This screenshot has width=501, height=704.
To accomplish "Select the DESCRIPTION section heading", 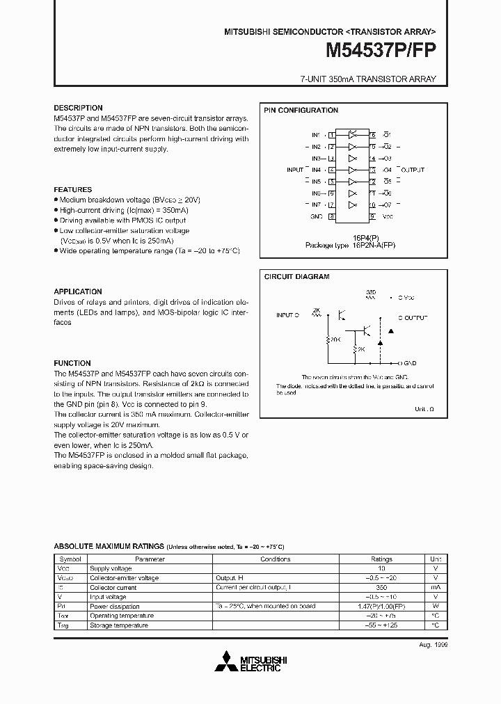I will coord(78,108).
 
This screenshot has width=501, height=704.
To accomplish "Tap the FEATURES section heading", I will coord(72,189).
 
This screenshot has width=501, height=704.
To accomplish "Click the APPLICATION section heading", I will coord(78,291).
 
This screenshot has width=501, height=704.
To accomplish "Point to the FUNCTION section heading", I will coord(72,363).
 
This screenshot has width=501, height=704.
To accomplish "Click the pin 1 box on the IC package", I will coord(333,134).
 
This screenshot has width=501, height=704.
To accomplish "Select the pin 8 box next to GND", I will coord(333,216).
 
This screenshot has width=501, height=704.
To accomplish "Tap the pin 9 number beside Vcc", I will coord(373,216).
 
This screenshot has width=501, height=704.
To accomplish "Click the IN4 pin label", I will coord(316,170).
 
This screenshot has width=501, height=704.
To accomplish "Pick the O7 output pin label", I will coord(388,205).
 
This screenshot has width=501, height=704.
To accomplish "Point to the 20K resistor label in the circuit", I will coord(335,339).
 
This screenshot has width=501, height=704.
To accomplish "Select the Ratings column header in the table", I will coord(381,559).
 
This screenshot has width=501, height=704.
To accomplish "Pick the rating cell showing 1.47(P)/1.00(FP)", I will coord(381,606).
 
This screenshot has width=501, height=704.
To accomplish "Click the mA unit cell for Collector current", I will coord(436,587).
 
